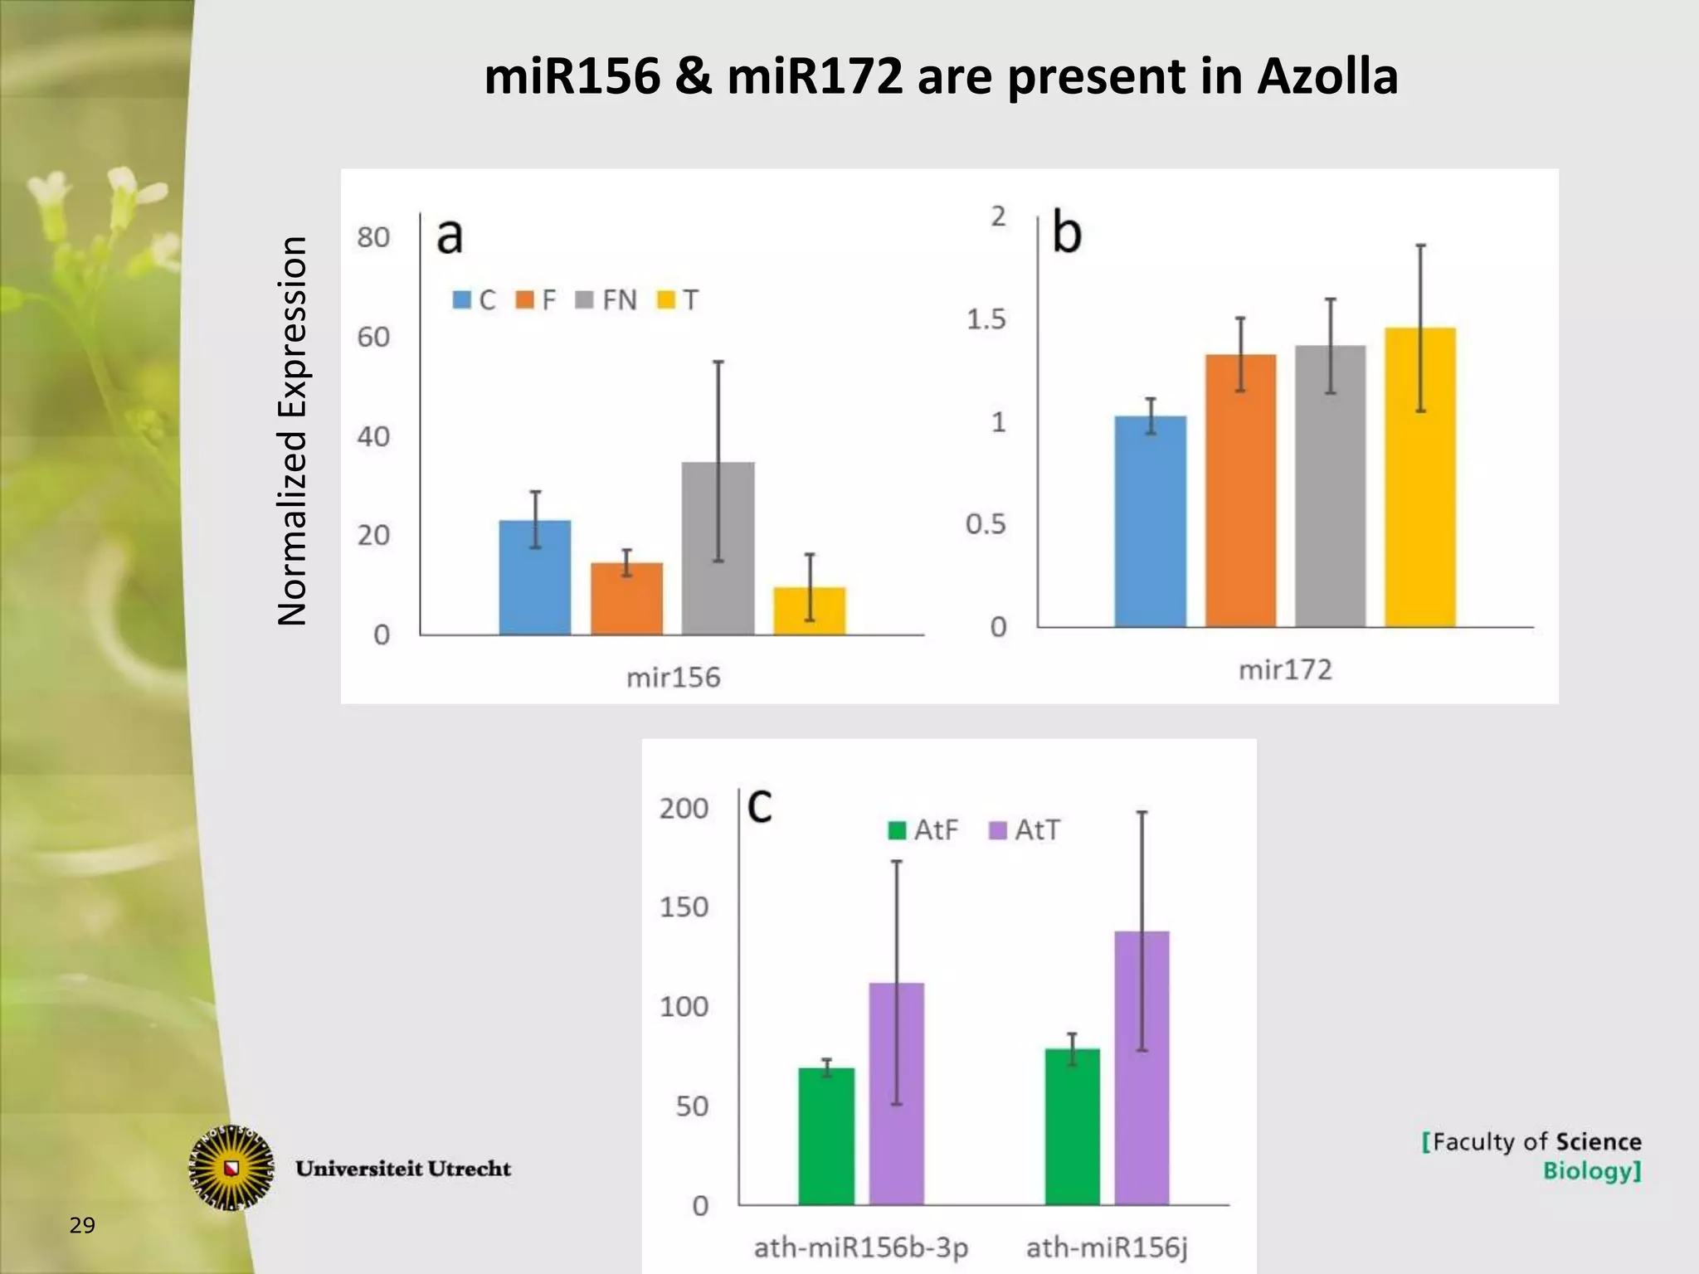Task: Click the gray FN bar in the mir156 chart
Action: pyautogui.click(x=718, y=548)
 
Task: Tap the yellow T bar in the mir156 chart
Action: pyautogui.click(x=809, y=611)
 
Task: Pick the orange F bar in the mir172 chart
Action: pyautogui.click(x=1240, y=490)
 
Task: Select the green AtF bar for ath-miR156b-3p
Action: pyautogui.click(x=826, y=1135)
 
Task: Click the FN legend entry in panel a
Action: pyautogui.click(x=607, y=299)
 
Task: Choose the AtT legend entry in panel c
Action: pyautogui.click(x=1025, y=830)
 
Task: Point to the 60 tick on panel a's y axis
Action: pyautogui.click(x=373, y=338)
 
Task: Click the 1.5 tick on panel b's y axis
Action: pyautogui.click(x=986, y=319)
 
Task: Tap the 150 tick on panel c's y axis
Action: pyautogui.click(x=684, y=907)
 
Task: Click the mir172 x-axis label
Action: pyautogui.click(x=1285, y=670)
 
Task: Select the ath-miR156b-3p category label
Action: pyautogui.click(x=860, y=1247)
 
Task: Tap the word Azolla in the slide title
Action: pyautogui.click(x=1327, y=76)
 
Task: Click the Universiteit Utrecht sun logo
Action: pyautogui.click(x=231, y=1168)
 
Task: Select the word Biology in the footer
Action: pyautogui.click(x=1590, y=1172)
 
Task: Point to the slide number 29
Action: pyautogui.click(x=82, y=1225)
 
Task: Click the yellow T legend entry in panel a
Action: pyautogui.click(x=678, y=299)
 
